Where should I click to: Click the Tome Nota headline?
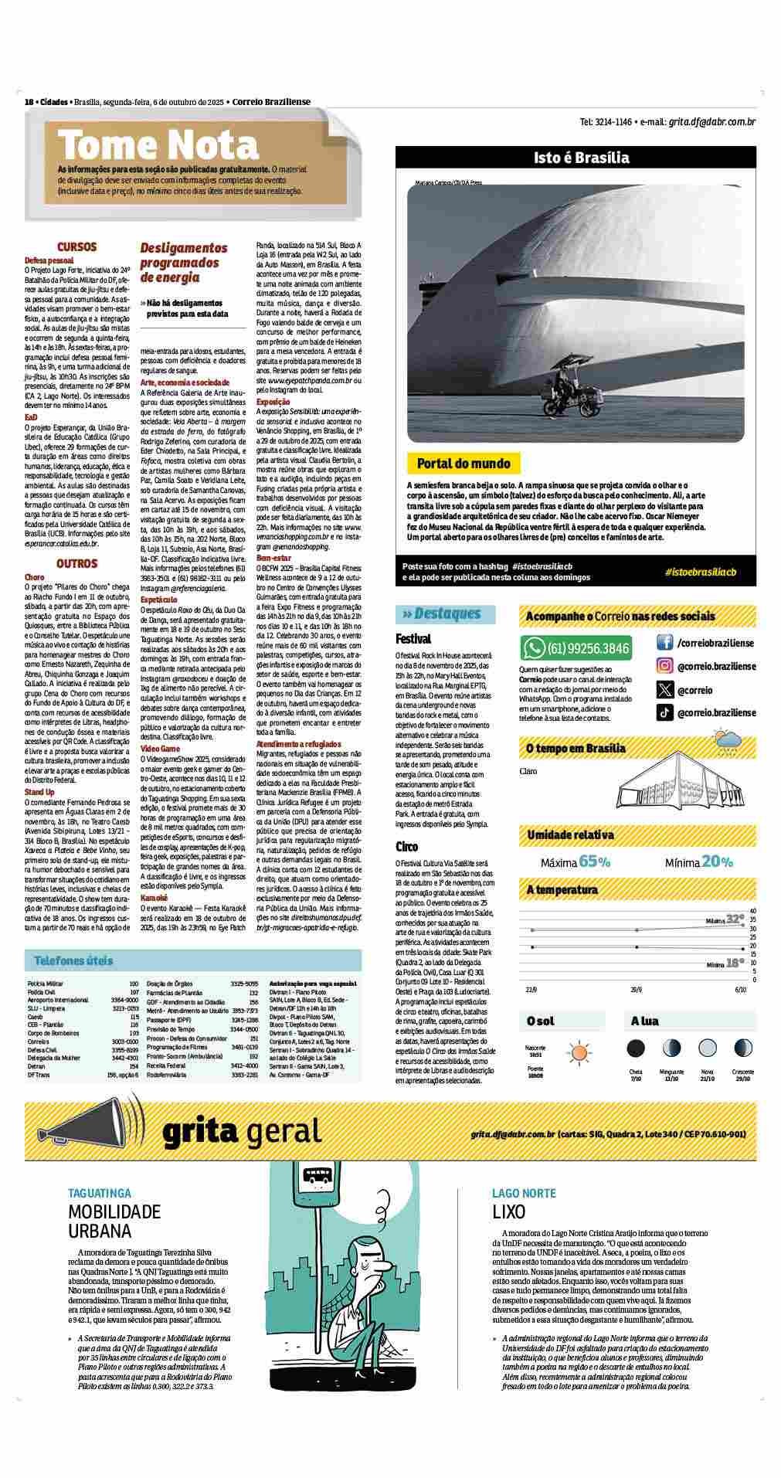pos(158,145)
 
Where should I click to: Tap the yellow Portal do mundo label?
pos(464,464)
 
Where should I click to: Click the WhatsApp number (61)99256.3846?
pos(587,647)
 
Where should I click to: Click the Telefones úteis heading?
pos(73,961)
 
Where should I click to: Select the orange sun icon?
pos(579,1052)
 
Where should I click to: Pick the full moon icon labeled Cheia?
pos(636,1048)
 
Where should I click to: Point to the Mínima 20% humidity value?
pos(699,861)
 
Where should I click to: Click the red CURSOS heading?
pos(76,247)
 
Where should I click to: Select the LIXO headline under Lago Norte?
pos(509,1211)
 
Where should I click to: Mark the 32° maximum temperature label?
pos(734,919)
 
